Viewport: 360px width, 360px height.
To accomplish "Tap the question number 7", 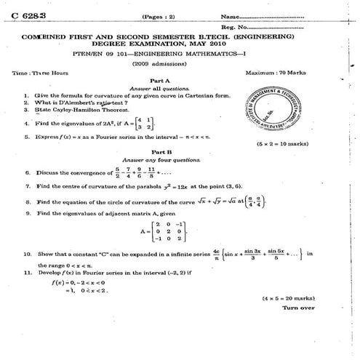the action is pyautogui.click(x=27, y=186).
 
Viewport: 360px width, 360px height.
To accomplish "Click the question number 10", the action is pyautogui.click(x=27, y=255).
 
